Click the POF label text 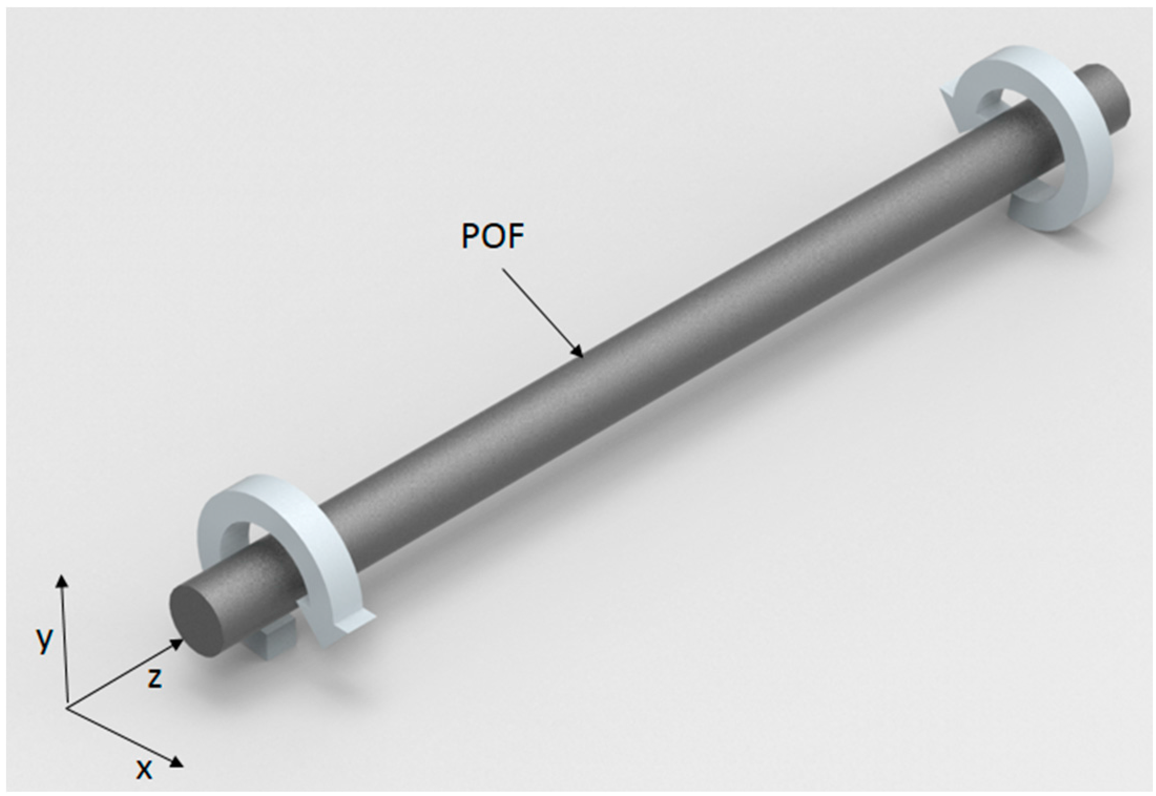[493, 237]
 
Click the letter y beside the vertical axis [45, 639]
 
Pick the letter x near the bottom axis [143, 769]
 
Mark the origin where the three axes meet [67, 708]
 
